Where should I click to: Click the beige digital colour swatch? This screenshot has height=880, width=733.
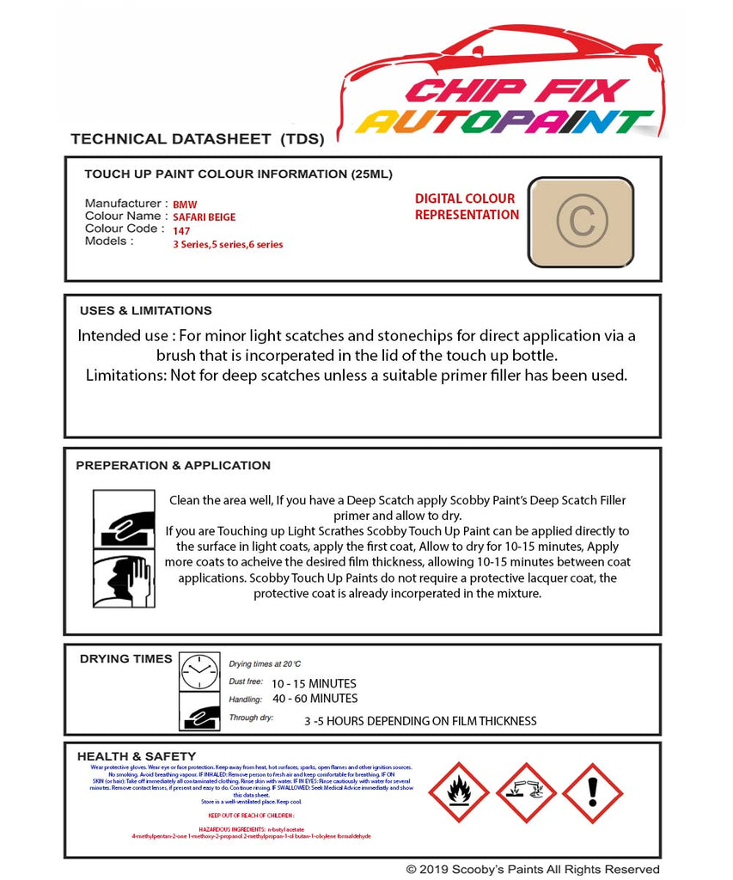tap(580, 222)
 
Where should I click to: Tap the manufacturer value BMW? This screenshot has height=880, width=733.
tap(184, 205)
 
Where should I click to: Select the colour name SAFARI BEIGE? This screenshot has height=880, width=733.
tap(204, 218)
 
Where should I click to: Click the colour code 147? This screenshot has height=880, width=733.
tap(181, 231)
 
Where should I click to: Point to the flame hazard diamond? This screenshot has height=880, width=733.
tap(458, 792)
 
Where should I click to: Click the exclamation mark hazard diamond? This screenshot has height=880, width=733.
tap(592, 792)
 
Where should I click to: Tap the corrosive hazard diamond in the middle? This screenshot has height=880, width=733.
tap(526, 792)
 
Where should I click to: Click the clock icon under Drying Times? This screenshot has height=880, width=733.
tap(200, 671)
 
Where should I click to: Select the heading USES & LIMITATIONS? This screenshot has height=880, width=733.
tap(145, 311)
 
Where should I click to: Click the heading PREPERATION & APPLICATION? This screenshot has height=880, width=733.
tap(173, 466)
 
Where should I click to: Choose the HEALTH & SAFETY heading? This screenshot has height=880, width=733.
tap(137, 756)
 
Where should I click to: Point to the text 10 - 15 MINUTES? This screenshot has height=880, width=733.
tap(314, 684)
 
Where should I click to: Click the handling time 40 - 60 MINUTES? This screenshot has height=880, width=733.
tap(315, 699)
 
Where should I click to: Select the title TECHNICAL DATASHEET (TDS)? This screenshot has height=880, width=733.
tap(197, 138)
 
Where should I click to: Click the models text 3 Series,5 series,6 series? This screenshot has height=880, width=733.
tap(228, 245)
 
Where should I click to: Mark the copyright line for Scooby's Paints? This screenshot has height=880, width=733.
tap(533, 870)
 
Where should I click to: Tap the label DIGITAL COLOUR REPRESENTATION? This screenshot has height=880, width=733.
tap(467, 207)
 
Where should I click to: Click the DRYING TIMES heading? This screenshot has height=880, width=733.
tap(125, 659)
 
